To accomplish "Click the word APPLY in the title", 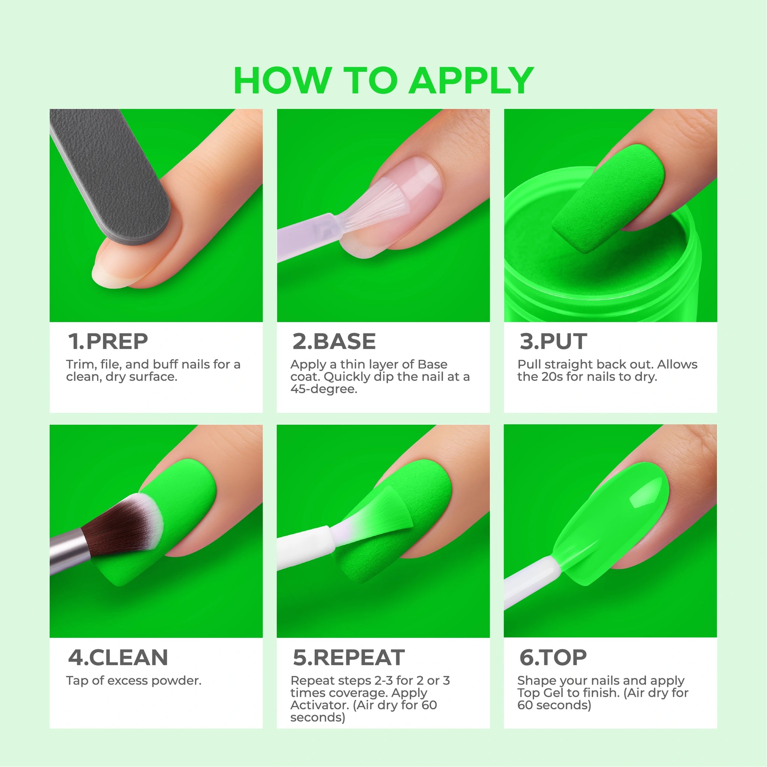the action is (x=471, y=81).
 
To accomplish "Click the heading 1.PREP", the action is (x=108, y=342).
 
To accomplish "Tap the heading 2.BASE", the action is (x=334, y=342).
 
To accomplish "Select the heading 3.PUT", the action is (x=553, y=342).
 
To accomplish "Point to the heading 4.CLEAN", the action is (x=118, y=657).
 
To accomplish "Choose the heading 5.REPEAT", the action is (x=349, y=657).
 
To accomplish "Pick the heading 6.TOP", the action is (x=553, y=657).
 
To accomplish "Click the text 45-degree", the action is (x=324, y=389).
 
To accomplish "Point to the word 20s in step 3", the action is (x=552, y=376).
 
